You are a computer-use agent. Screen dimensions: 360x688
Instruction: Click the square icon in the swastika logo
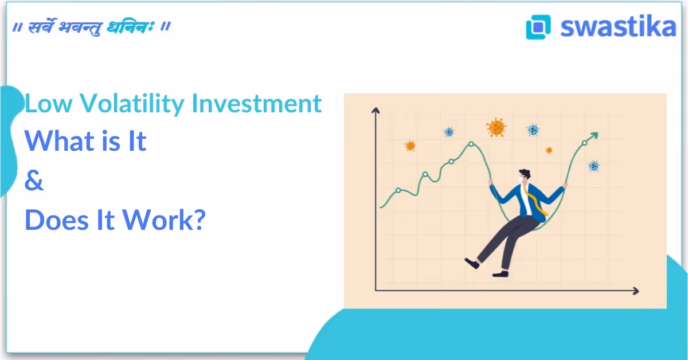(538, 26)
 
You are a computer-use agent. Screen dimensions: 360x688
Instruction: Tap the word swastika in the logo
(618, 26)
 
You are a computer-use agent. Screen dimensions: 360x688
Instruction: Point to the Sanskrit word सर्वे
(43, 27)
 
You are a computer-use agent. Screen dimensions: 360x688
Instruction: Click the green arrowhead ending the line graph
(594, 136)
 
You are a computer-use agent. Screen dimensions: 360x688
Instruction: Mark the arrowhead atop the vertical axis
(376, 111)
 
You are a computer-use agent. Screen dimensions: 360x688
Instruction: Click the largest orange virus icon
(496, 127)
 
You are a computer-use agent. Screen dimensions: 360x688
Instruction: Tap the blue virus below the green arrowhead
(593, 166)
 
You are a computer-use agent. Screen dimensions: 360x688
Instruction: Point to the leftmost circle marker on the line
(398, 190)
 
